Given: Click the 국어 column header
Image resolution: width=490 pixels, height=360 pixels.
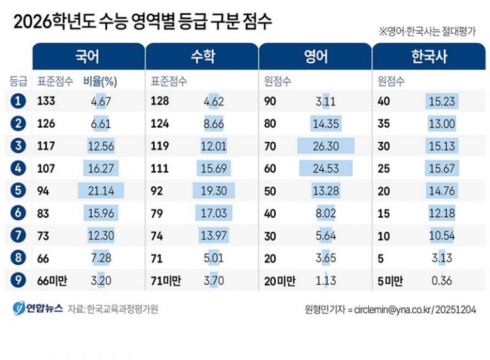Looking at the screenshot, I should (x=87, y=56).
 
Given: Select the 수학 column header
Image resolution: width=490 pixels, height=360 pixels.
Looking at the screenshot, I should (x=202, y=56).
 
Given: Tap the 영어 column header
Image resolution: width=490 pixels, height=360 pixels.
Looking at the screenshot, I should (x=315, y=56).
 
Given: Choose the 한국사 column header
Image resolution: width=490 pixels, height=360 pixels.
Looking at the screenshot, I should (x=429, y=56).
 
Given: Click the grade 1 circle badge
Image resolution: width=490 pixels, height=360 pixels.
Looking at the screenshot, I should (x=19, y=100).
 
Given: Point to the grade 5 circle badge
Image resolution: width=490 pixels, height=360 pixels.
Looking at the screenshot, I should (x=19, y=190).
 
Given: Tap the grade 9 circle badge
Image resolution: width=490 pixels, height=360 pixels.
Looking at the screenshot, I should (x=19, y=279).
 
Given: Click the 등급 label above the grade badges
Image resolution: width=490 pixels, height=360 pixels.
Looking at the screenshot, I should (x=19, y=81).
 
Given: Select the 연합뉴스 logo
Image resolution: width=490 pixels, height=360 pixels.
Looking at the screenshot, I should (x=38, y=308).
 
